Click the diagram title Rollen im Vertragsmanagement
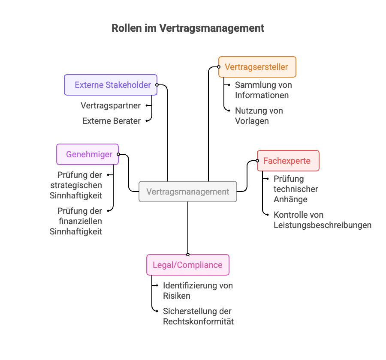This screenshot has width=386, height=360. pyautogui.click(x=188, y=28)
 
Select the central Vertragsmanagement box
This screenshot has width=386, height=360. pyautogui.click(x=188, y=192)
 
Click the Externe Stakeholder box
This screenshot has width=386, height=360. pyautogui.click(x=111, y=85)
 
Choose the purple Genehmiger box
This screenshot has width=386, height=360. pyautogui.click(x=87, y=154)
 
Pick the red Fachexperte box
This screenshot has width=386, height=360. pyautogui.click(x=288, y=161)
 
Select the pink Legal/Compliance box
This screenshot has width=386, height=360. pyautogui.click(x=188, y=265)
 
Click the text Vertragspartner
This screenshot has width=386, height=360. pyautogui.click(x=111, y=105)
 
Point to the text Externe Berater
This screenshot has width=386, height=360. pyautogui.click(x=112, y=121)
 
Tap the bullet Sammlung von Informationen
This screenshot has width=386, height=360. pyautogui.click(x=263, y=90)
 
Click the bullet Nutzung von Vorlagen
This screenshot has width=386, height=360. pyautogui.click(x=259, y=116)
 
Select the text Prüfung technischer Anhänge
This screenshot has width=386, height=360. pyautogui.click(x=296, y=189)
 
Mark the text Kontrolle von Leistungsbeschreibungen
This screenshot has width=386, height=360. pyautogui.click(x=322, y=220)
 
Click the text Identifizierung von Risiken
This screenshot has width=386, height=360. pyautogui.click(x=198, y=291)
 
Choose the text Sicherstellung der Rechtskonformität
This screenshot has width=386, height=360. pyautogui.click(x=198, y=316)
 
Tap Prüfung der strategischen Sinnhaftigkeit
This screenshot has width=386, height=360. pyautogui.click(x=76, y=186)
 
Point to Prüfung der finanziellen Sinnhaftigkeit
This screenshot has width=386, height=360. pyautogui.click(x=76, y=221)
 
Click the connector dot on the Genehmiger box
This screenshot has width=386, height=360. pyautogui.click(x=118, y=154)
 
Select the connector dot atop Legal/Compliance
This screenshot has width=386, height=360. pyautogui.click(x=188, y=255)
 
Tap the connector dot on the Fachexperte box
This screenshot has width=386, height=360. pyautogui.click(x=258, y=161)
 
